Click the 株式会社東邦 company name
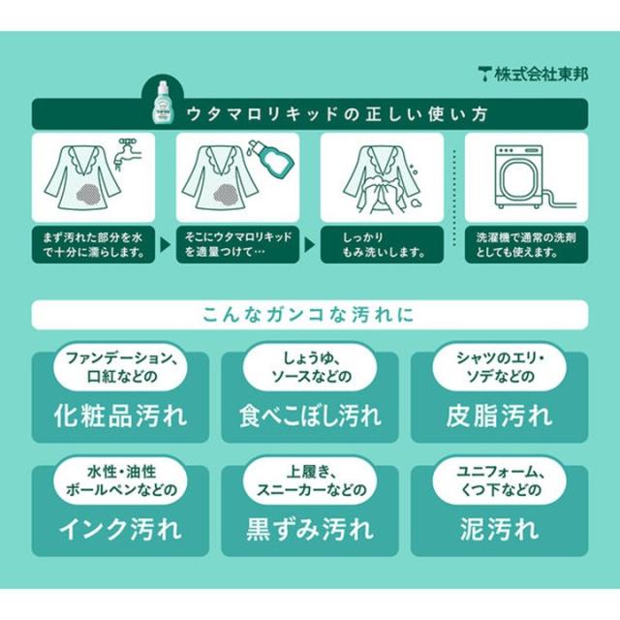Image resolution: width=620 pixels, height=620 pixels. [x=541, y=75]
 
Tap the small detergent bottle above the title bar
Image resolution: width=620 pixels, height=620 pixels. [x=163, y=102]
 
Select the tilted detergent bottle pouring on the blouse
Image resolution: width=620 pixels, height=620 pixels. [x=269, y=158]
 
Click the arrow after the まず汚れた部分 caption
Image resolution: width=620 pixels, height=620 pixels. [x=165, y=245]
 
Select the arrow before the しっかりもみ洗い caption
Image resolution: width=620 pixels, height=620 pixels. [x=309, y=245]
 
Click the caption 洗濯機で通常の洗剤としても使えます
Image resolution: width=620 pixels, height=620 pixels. [x=526, y=245]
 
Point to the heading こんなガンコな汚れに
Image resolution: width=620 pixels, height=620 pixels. [x=308, y=315]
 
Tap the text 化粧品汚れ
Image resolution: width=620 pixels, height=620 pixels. [x=120, y=416]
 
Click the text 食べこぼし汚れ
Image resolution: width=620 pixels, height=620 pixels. [x=310, y=416]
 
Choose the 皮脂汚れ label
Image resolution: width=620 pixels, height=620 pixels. [x=499, y=416]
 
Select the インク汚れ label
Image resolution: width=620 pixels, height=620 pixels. [x=120, y=530]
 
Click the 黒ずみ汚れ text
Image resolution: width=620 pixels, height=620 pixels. [x=310, y=530]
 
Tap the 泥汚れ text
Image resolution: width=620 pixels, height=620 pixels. [x=499, y=530]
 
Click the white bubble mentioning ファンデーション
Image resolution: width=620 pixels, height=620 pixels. [x=120, y=367]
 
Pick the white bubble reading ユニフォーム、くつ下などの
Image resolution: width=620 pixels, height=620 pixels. [x=499, y=480]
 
